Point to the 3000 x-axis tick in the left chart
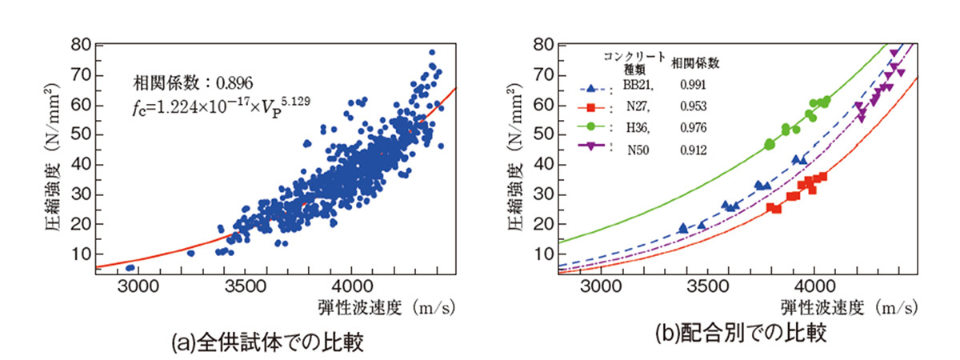pyautogui.click(x=138, y=286)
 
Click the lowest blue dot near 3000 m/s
pyautogui.click(x=130, y=267)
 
